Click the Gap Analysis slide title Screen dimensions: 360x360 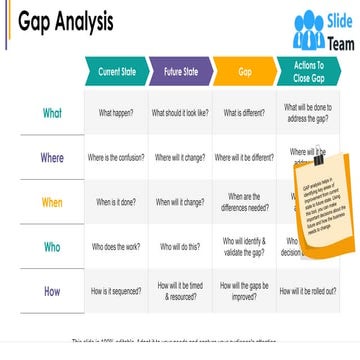(x=66, y=22)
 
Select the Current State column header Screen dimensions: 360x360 (x=116, y=72)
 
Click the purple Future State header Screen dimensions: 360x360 (x=180, y=72)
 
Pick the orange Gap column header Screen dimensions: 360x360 (x=244, y=72)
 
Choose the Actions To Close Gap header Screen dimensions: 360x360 (x=308, y=72)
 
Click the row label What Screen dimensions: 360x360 (x=52, y=113)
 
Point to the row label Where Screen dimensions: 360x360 (x=52, y=158)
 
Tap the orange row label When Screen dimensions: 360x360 (x=52, y=202)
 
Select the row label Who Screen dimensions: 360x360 (x=52, y=246)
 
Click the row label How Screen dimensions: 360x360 (x=52, y=290)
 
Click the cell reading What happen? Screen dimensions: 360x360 (x=116, y=113)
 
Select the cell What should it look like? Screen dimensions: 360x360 (x=180, y=113)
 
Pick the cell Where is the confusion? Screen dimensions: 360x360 (x=116, y=158)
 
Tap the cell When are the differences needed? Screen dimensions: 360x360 (x=244, y=202)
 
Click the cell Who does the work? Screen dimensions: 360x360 (x=116, y=246)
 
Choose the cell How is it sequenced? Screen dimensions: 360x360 (x=116, y=291)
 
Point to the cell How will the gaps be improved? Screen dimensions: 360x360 (x=244, y=291)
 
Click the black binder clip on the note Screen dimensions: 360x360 (x=318, y=159)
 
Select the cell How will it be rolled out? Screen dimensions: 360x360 (x=308, y=291)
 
